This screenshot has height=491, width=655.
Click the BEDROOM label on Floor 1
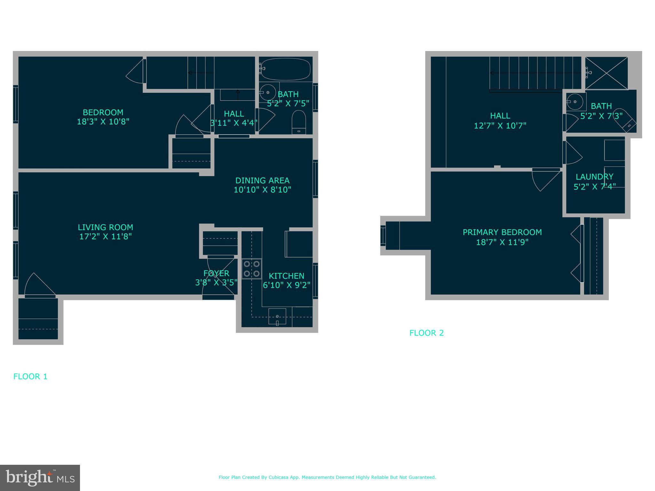coord(103,113)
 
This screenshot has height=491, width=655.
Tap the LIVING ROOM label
coord(105,227)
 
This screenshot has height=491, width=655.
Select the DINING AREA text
coord(262,180)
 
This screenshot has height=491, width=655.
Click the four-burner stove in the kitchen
coord(252,269)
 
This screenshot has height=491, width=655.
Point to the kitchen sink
coord(277,316)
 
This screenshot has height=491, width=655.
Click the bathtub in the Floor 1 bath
coord(286,69)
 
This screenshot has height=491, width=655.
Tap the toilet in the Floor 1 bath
coord(299,122)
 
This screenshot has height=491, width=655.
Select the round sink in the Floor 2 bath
coord(575,102)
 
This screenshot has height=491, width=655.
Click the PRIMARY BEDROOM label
coord(502,232)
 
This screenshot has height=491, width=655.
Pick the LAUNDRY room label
coord(594,177)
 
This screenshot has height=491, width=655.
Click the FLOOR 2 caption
coord(426,333)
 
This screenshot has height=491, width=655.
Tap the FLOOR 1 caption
coord(30,376)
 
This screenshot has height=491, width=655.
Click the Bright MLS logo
coord(40,478)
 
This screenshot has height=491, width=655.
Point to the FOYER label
coord(216,273)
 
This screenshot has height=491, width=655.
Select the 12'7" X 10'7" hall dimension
coord(500,126)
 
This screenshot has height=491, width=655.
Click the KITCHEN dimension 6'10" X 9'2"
coord(287,285)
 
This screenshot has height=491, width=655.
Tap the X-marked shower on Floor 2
coord(606,73)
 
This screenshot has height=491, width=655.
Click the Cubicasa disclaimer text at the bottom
coord(327,477)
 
